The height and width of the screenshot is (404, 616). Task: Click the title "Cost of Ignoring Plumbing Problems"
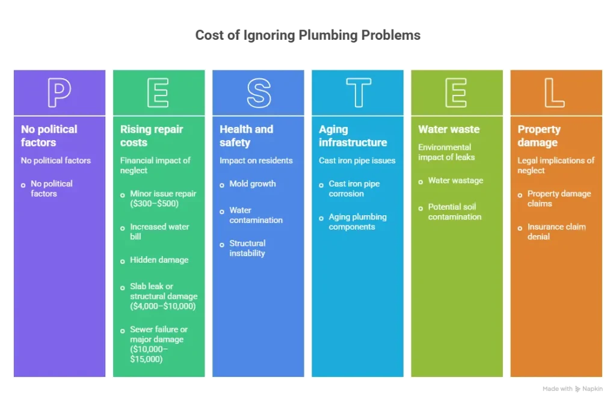pos(307,35)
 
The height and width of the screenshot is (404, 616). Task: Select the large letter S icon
pos(259,93)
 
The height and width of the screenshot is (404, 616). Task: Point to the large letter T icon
pos(359,92)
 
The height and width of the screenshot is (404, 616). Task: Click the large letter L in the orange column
pos(547,93)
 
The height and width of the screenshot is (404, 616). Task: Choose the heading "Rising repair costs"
pos(152,136)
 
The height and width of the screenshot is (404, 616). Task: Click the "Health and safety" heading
pos(246,136)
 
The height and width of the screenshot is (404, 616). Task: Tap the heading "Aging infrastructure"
pos(353,136)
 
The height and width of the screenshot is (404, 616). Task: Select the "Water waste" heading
pos(449,129)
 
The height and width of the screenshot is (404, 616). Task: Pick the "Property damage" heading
pos(539,136)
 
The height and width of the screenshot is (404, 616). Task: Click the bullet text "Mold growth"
pos(253,184)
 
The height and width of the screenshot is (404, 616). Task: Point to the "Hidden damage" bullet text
pos(159,260)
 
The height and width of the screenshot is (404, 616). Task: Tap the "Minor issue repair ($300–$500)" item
pos(163,198)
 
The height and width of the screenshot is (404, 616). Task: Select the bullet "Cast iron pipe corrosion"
pos(354,189)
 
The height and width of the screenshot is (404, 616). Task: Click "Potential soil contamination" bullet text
pos(455,212)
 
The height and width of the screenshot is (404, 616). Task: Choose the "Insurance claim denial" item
pos(556,231)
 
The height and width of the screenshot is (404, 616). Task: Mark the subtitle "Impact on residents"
pos(256,161)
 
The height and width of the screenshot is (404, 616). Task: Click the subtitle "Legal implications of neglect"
pos(556,165)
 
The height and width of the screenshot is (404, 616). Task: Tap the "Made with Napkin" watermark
pos(573,389)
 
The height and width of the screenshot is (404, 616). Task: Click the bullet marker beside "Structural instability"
pos(222,245)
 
